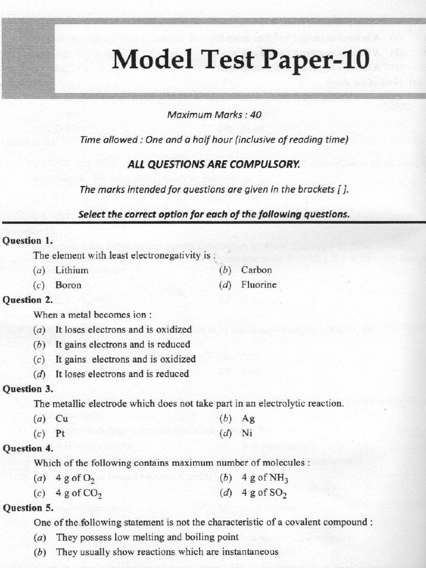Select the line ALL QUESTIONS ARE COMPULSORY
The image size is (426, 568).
pyautogui.click(x=214, y=164)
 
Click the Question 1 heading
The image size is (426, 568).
pyautogui.click(x=28, y=241)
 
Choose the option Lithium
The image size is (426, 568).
pyautogui.click(x=72, y=270)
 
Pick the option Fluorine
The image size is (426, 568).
pyautogui.click(x=258, y=285)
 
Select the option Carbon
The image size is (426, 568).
pyautogui.click(x=256, y=270)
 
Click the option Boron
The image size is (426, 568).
pyautogui.click(x=68, y=285)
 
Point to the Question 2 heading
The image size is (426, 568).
pyautogui.click(x=28, y=300)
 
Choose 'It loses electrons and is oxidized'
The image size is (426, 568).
pyautogui.click(x=123, y=329)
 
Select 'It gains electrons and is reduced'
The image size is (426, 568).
pyautogui.click(x=122, y=344)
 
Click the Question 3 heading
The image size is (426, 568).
pyautogui.click(x=28, y=389)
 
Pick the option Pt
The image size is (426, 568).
pyautogui.click(x=61, y=433)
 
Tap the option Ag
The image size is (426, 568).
pyautogui.click(x=248, y=419)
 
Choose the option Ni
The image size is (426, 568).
pyautogui.click(x=247, y=433)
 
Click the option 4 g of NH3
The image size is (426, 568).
pyautogui.click(x=265, y=478)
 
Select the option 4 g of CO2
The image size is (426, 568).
pyautogui.click(x=78, y=493)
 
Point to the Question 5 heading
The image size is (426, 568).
pyautogui.click(x=28, y=508)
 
